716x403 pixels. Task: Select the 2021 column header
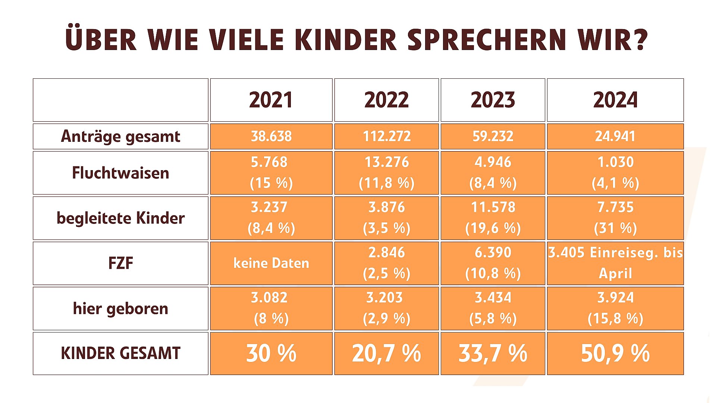271,100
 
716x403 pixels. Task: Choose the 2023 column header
493,100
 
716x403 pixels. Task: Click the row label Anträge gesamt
120,137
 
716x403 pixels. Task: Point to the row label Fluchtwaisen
120,173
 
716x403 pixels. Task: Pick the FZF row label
120,263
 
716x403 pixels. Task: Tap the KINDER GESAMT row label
120,353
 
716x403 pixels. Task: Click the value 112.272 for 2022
386,136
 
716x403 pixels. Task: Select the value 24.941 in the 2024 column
615,136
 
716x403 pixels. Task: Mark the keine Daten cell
271,263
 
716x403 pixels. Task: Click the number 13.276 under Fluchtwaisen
386,162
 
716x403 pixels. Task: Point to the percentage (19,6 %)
493,228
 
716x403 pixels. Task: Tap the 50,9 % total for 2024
615,353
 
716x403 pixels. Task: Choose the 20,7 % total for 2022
386,353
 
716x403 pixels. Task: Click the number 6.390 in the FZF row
493,253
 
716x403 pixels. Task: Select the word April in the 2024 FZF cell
615,274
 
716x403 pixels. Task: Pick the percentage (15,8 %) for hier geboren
615,319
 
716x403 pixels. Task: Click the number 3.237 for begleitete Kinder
269,207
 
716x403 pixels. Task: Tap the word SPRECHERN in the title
487,40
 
